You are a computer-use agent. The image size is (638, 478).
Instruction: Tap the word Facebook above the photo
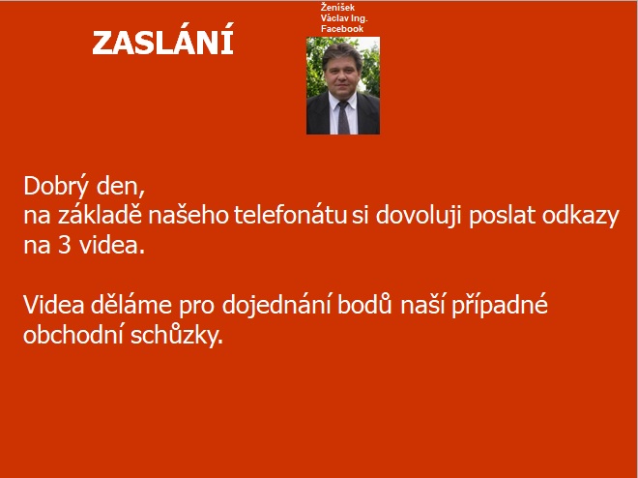pyautogui.click(x=342, y=29)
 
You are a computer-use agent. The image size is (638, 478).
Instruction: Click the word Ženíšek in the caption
pyautogui.click(x=337, y=8)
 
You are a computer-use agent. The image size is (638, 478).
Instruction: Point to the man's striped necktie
pyautogui.click(x=343, y=117)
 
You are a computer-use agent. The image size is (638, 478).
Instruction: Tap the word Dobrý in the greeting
pyautogui.click(x=56, y=187)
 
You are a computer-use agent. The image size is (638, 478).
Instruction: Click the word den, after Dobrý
pyautogui.click(x=121, y=187)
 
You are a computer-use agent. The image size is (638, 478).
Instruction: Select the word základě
pyautogui.click(x=100, y=215)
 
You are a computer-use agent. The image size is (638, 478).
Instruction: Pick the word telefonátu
pyautogui.click(x=290, y=216)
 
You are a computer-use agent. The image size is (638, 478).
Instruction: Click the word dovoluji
pyautogui.click(x=418, y=216)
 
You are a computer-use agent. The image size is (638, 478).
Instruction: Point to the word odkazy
pyautogui.click(x=580, y=216)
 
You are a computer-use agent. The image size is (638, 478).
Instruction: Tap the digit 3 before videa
pyautogui.click(x=65, y=246)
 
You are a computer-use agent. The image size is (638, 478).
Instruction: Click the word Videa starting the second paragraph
pyautogui.click(x=54, y=304)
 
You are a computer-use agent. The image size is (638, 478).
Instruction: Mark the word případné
pyautogui.click(x=500, y=305)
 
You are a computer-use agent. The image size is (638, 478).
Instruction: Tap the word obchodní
pyautogui.click(x=73, y=335)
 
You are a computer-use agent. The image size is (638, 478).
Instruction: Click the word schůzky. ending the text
pyautogui.click(x=177, y=336)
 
